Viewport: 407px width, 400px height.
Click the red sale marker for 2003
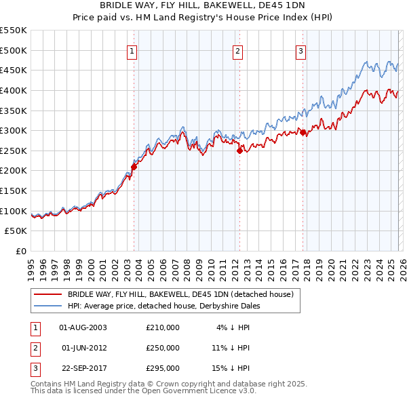coord(134,166)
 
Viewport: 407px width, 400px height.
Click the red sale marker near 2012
coord(239,151)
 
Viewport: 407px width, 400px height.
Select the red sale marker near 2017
coord(303,133)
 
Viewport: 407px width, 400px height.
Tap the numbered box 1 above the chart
coord(132,50)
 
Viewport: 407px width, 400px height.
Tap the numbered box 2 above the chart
coord(238,50)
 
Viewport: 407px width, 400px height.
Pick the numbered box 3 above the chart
coord(301,50)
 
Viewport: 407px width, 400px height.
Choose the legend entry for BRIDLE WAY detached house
coord(180,294)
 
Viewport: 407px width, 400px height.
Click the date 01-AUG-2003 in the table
coord(83,327)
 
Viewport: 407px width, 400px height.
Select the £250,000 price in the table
coord(163,348)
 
